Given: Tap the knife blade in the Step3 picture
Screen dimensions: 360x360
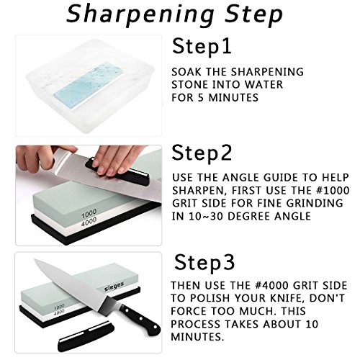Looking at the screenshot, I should (65, 284).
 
